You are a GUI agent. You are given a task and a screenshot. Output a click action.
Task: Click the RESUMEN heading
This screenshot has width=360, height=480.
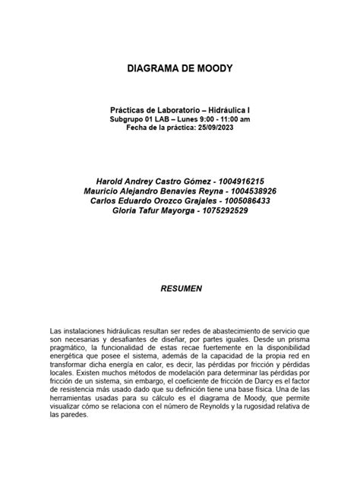(180, 289)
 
